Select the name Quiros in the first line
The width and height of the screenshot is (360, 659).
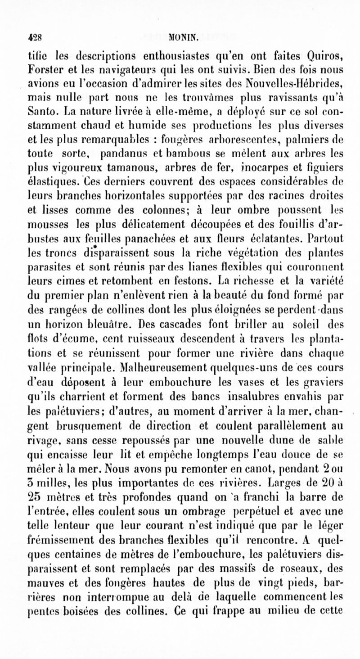(322, 57)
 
